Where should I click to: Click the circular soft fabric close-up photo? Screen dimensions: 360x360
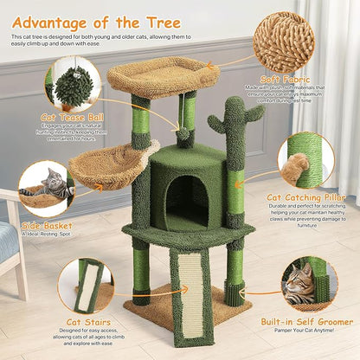[x=284, y=42]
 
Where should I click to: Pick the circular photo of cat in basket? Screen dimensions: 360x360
[x=45, y=188]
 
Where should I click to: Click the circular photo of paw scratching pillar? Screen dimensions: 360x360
[x=305, y=159]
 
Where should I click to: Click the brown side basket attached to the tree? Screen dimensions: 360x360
[x=111, y=166]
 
